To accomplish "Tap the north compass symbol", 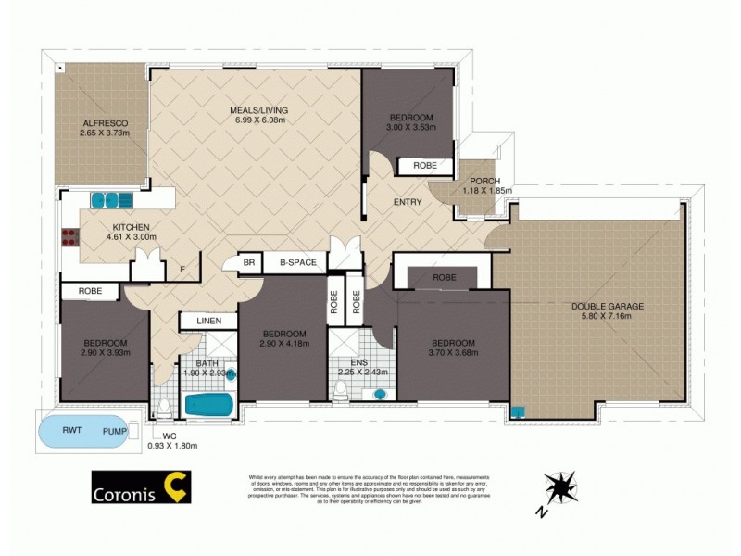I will pyautogui.click(x=559, y=488).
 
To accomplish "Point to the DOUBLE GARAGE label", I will pyautogui.click(x=607, y=306).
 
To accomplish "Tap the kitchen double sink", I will pyautogui.click(x=111, y=199).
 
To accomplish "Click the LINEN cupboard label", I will pyautogui.click(x=207, y=322).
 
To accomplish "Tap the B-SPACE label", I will pyautogui.click(x=292, y=263).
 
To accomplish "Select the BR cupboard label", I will pyautogui.click(x=248, y=263).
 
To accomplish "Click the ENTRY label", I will pyautogui.click(x=408, y=202).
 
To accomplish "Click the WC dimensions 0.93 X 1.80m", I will pyautogui.click(x=172, y=446).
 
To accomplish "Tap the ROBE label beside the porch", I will pyautogui.click(x=425, y=166).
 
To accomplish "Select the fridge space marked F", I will pyautogui.click(x=182, y=270).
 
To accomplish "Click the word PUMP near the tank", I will pyautogui.click(x=115, y=431).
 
